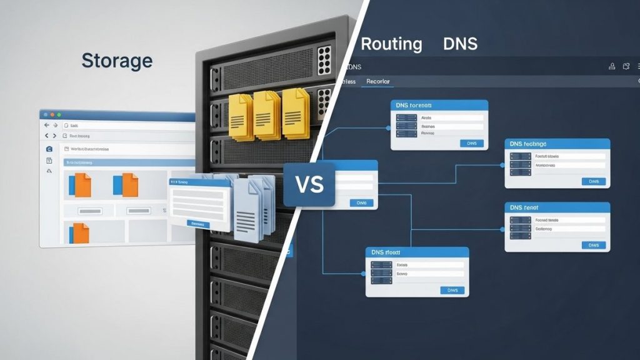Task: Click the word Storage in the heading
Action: click(x=117, y=61)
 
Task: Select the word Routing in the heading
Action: click(x=391, y=44)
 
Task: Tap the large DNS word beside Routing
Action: click(x=460, y=44)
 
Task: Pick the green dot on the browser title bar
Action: click(x=59, y=115)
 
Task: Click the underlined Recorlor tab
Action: click(x=377, y=81)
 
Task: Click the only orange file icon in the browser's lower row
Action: click(x=81, y=232)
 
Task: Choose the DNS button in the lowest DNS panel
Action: click(x=452, y=290)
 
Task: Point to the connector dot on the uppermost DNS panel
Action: click(x=388, y=128)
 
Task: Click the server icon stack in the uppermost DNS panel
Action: click(x=404, y=125)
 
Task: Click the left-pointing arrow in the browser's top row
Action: click(x=46, y=126)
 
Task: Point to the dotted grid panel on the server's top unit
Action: click(x=324, y=59)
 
